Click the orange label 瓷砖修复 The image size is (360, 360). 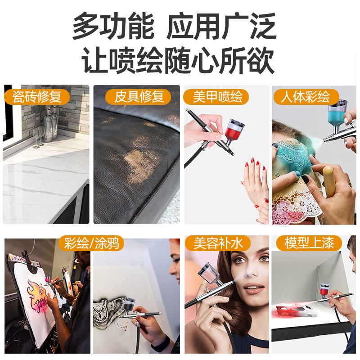pos(36,96)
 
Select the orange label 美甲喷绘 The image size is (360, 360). pos(217,96)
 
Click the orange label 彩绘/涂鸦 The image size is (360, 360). pos(91,243)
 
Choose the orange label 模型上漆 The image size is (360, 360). pos(310,243)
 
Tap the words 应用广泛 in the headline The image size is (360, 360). pos(221,27)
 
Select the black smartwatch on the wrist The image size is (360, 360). pos(161,344)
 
